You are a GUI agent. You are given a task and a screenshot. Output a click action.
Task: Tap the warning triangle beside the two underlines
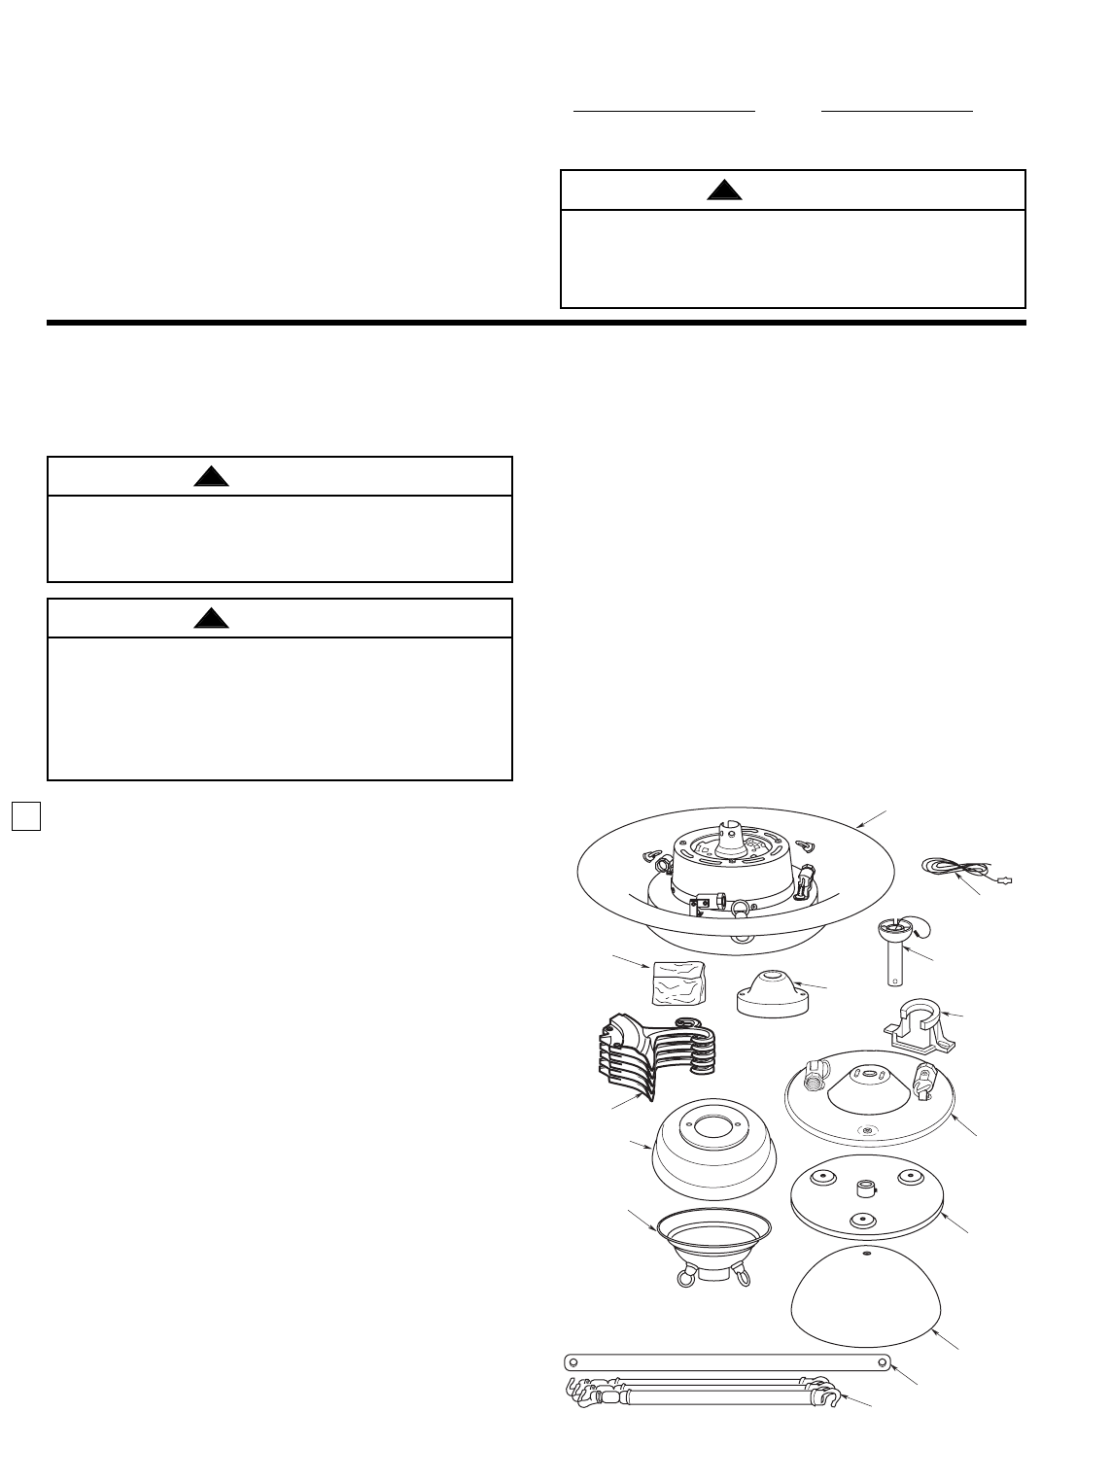click(724, 190)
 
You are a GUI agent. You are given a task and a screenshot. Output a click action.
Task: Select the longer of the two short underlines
click(664, 112)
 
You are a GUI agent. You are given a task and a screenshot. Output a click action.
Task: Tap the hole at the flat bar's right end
click(879, 1360)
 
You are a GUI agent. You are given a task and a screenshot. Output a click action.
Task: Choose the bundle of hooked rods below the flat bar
click(700, 1393)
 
